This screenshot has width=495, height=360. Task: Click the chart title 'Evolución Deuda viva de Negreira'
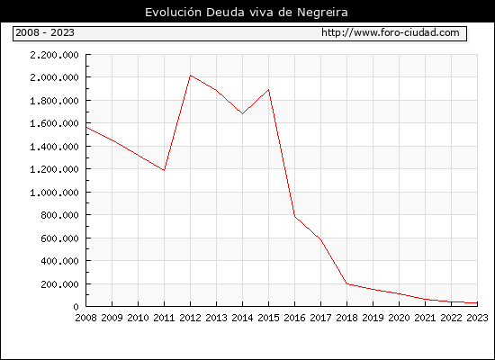pyautogui.click(x=247, y=12)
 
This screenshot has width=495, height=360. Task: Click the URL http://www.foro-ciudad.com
pyautogui.click(x=391, y=32)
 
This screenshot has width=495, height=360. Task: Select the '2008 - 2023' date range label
pyautogui.click(x=45, y=32)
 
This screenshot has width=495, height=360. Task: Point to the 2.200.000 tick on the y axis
pyautogui.click(x=54, y=55)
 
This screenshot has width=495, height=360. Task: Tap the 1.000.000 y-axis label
pyautogui.click(x=54, y=193)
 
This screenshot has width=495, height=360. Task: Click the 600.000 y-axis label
pyautogui.click(x=59, y=238)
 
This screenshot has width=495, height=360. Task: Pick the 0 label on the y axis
pyautogui.click(x=76, y=307)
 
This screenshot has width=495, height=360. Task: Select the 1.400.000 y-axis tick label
pyautogui.click(x=54, y=147)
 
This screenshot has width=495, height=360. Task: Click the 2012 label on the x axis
pyautogui.click(x=190, y=318)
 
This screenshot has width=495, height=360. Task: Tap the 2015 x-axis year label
pyautogui.click(x=268, y=318)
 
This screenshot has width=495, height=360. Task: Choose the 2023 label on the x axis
pyautogui.click(x=477, y=318)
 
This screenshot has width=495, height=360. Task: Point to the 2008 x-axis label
pyautogui.click(x=85, y=318)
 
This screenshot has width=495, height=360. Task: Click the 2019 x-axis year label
pyautogui.click(x=373, y=318)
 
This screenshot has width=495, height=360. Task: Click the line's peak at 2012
pyautogui.click(x=190, y=76)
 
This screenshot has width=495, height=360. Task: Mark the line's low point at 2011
pyautogui.click(x=164, y=170)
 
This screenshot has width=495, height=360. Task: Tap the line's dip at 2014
pyautogui.click(x=242, y=113)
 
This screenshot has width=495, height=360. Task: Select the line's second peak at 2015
pyautogui.click(x=268, y=90)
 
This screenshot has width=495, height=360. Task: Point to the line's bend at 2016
pyautogui.click(x=294, y=216)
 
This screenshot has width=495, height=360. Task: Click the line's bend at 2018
pyautogui.click(x=346, y=283)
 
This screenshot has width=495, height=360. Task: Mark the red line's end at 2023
pyautogui.click(x=477, y=302)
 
